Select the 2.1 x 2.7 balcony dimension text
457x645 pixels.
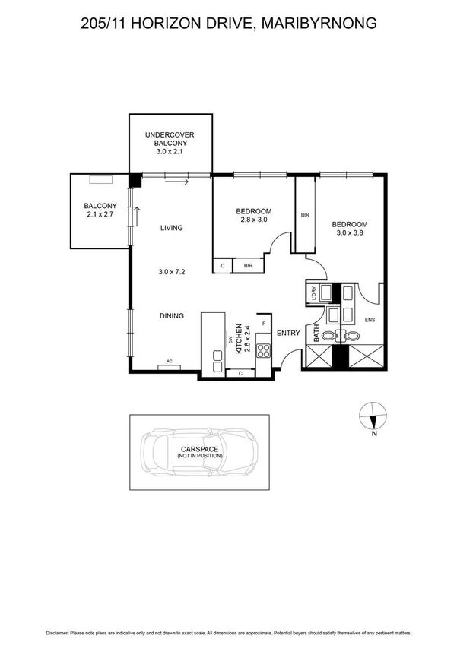pyautogui.click(x=100, y=215)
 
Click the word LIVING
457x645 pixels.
pyautogui.click(x=171, y=228)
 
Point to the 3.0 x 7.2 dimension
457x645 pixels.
pyautogui.click(x=172, y=271)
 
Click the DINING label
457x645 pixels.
pyautogui.click(x=171, y=315)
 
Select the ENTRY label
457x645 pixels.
pyautogui.click(x=287, y=333)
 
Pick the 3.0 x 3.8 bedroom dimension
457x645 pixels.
pyautogui.click(x=350, y=233)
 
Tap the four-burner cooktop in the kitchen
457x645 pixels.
pyautogui.click(x=263, y=351)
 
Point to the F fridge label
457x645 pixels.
pyautogui.click(x=263, y=324)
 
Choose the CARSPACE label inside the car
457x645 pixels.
pyautogui.click(x=199, y=449)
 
